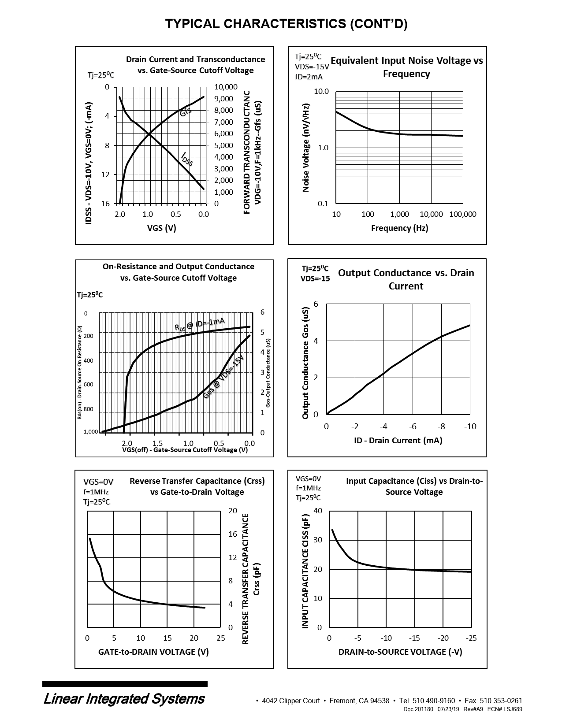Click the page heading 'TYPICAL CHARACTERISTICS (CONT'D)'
[x=286, y=24]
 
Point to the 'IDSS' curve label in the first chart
[x=187, y=159]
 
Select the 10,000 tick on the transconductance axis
[x=226, y=87]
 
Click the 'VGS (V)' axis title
[x=161, y=228]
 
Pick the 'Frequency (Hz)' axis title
[x=399, y=228]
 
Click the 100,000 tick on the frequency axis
[x=463, y=215]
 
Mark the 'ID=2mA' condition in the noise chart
[x=309, y=77]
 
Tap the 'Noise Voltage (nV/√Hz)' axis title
[x=305, y=148]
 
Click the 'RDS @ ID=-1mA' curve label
[x=200, y=325]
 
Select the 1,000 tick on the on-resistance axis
[x=91, y=432]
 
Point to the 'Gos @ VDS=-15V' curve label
[x=223, y=377]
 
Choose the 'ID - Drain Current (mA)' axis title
[x=398, y=441]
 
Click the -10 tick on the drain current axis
[x=470, y=427]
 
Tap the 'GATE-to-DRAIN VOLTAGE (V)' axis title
[x=153, y=652]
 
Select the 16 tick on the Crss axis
[x=233, y=534]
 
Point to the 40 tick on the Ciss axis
[x=318, y=511]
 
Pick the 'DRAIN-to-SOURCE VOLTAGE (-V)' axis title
[x=400, y=652]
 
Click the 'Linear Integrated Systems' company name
[x=124, y=699]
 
